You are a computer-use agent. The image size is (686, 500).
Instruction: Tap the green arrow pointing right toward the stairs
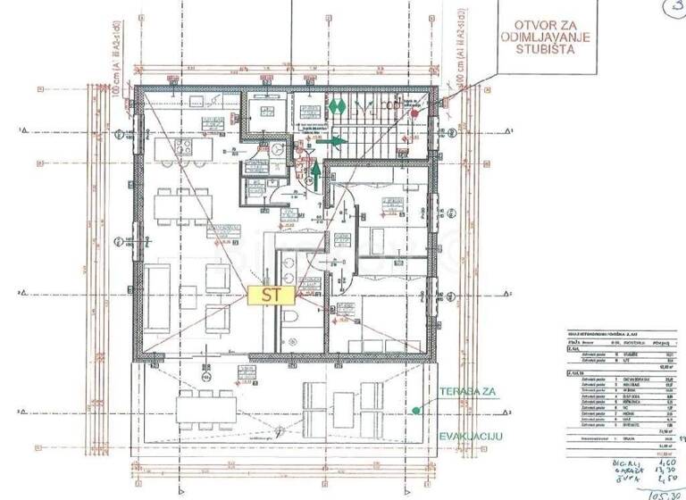(x=331, y=141)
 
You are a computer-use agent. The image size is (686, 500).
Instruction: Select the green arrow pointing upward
(x=314, y=171)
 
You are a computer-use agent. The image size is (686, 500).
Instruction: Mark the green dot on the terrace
(x=415, y=411)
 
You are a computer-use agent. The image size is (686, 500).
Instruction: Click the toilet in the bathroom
(x=289, y=323)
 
